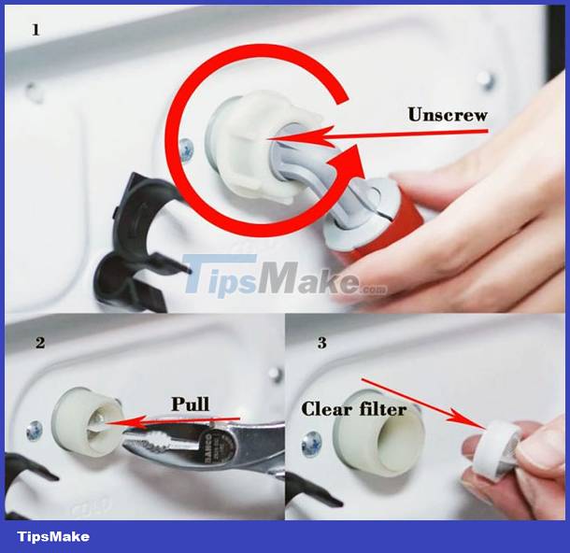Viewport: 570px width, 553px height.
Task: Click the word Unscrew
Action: coord(449,116)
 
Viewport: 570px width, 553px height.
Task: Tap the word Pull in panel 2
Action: coord(191,404)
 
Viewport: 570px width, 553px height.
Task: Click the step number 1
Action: coord(36,30)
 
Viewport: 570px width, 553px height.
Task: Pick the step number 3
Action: coord(322,343)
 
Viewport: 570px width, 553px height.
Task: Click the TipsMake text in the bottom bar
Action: coord(54,536)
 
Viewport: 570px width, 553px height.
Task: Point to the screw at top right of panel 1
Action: coord(484,78)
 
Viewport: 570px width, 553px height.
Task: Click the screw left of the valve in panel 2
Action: coord(35,430)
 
